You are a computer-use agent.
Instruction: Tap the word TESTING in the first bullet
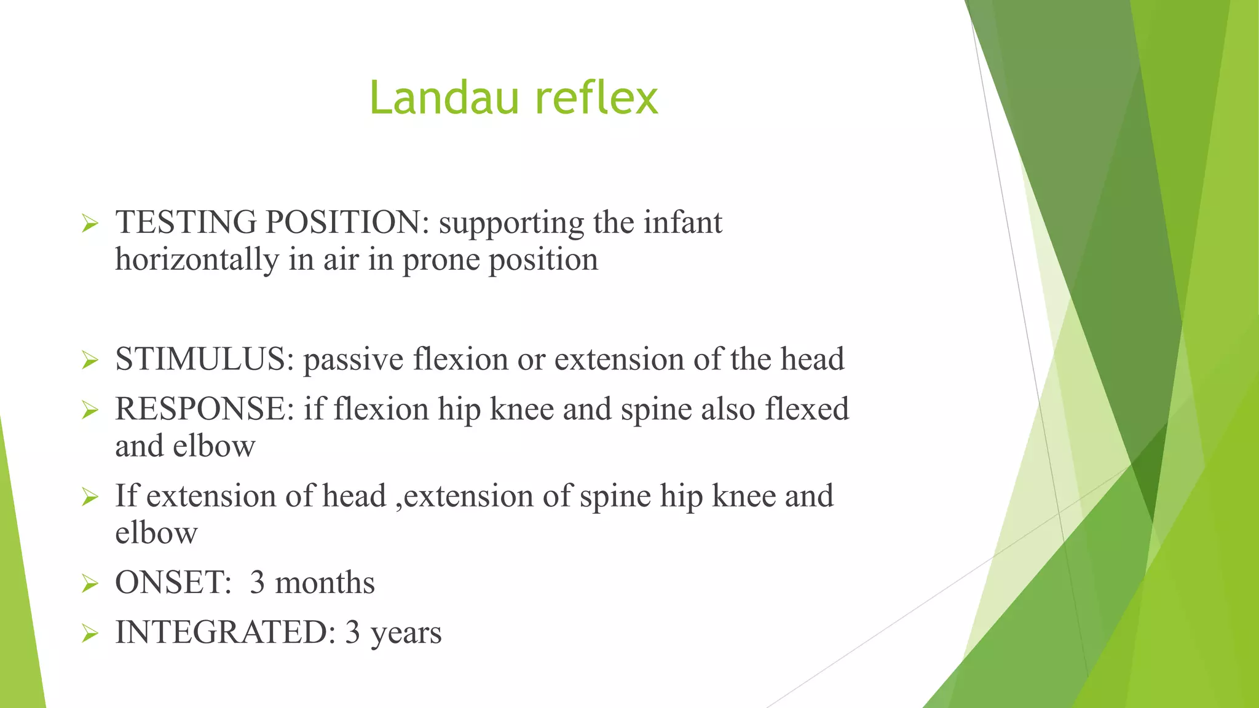pyautogui.click(x=186, y=222)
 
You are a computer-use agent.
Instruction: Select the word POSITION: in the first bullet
pyautogui.click(x=347, y=222)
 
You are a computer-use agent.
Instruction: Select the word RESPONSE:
pyautogui.click(x=205, y=409)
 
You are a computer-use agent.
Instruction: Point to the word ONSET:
pyautogui.click(x=173, y=583)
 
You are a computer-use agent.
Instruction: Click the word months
pyautogui.click(x=325, y=583)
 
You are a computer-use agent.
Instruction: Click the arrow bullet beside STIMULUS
pyautogui.click(x=90, y=361)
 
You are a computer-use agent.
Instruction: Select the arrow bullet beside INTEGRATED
pyautogui.click(x=90, y=634)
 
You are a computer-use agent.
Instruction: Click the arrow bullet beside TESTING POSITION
pyautogui.click(x=90, y=224)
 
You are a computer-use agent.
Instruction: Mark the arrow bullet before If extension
pyautogui.click(x=90, y=497)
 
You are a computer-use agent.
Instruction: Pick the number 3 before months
pyautogui.click(x=258, y=583)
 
